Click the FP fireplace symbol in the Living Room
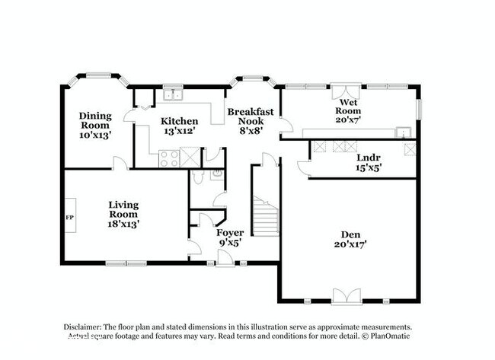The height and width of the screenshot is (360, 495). coord(70,215)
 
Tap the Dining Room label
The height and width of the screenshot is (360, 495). coord(95,120)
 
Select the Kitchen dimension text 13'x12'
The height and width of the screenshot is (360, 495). coord(179,131)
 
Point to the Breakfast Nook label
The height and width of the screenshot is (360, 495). coord(251,116)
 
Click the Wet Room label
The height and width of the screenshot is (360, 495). coord(348,107)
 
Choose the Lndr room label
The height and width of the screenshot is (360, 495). coord(369,158)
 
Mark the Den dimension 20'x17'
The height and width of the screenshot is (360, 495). coord(350,244)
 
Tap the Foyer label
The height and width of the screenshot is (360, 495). coord(230,233)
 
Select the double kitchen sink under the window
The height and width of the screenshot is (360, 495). coord(173,94)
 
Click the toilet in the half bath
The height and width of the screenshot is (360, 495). coord(198,177)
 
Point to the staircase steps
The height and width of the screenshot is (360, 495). coord(266,216)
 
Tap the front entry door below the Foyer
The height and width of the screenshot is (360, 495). coord(225,259)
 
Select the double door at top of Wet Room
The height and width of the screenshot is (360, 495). coord(346,91)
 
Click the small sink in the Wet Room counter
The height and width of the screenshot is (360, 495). coord(404,132)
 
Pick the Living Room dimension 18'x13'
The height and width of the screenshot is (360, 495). coord(123,224)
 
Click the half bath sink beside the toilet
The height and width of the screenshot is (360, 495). coord(217,174)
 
